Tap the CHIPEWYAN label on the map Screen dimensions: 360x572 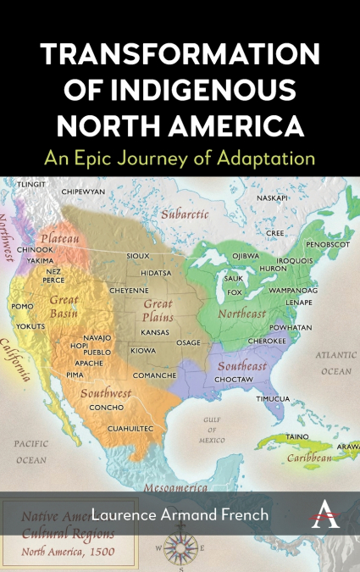83,192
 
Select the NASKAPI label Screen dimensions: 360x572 272,197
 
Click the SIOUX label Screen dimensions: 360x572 137,255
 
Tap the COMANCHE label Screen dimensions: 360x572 155,375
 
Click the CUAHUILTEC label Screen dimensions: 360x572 130,429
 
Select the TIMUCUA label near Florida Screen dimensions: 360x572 273,398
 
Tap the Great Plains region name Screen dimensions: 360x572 157,309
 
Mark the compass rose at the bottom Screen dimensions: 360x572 180,549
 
